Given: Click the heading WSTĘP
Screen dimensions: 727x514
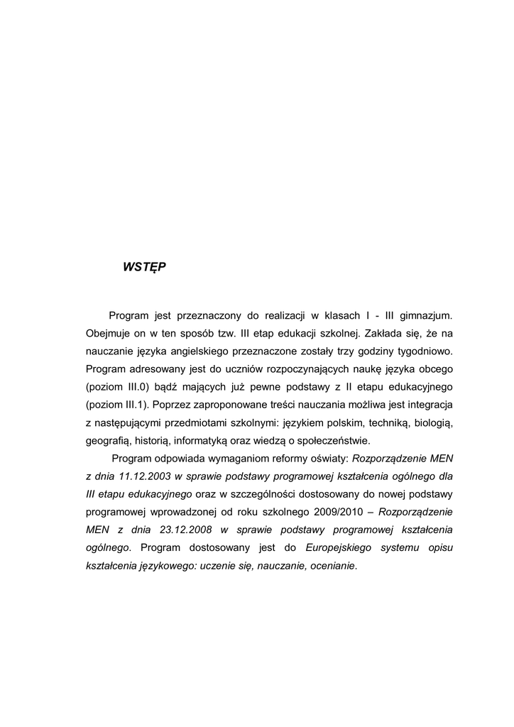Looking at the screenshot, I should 144,267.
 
